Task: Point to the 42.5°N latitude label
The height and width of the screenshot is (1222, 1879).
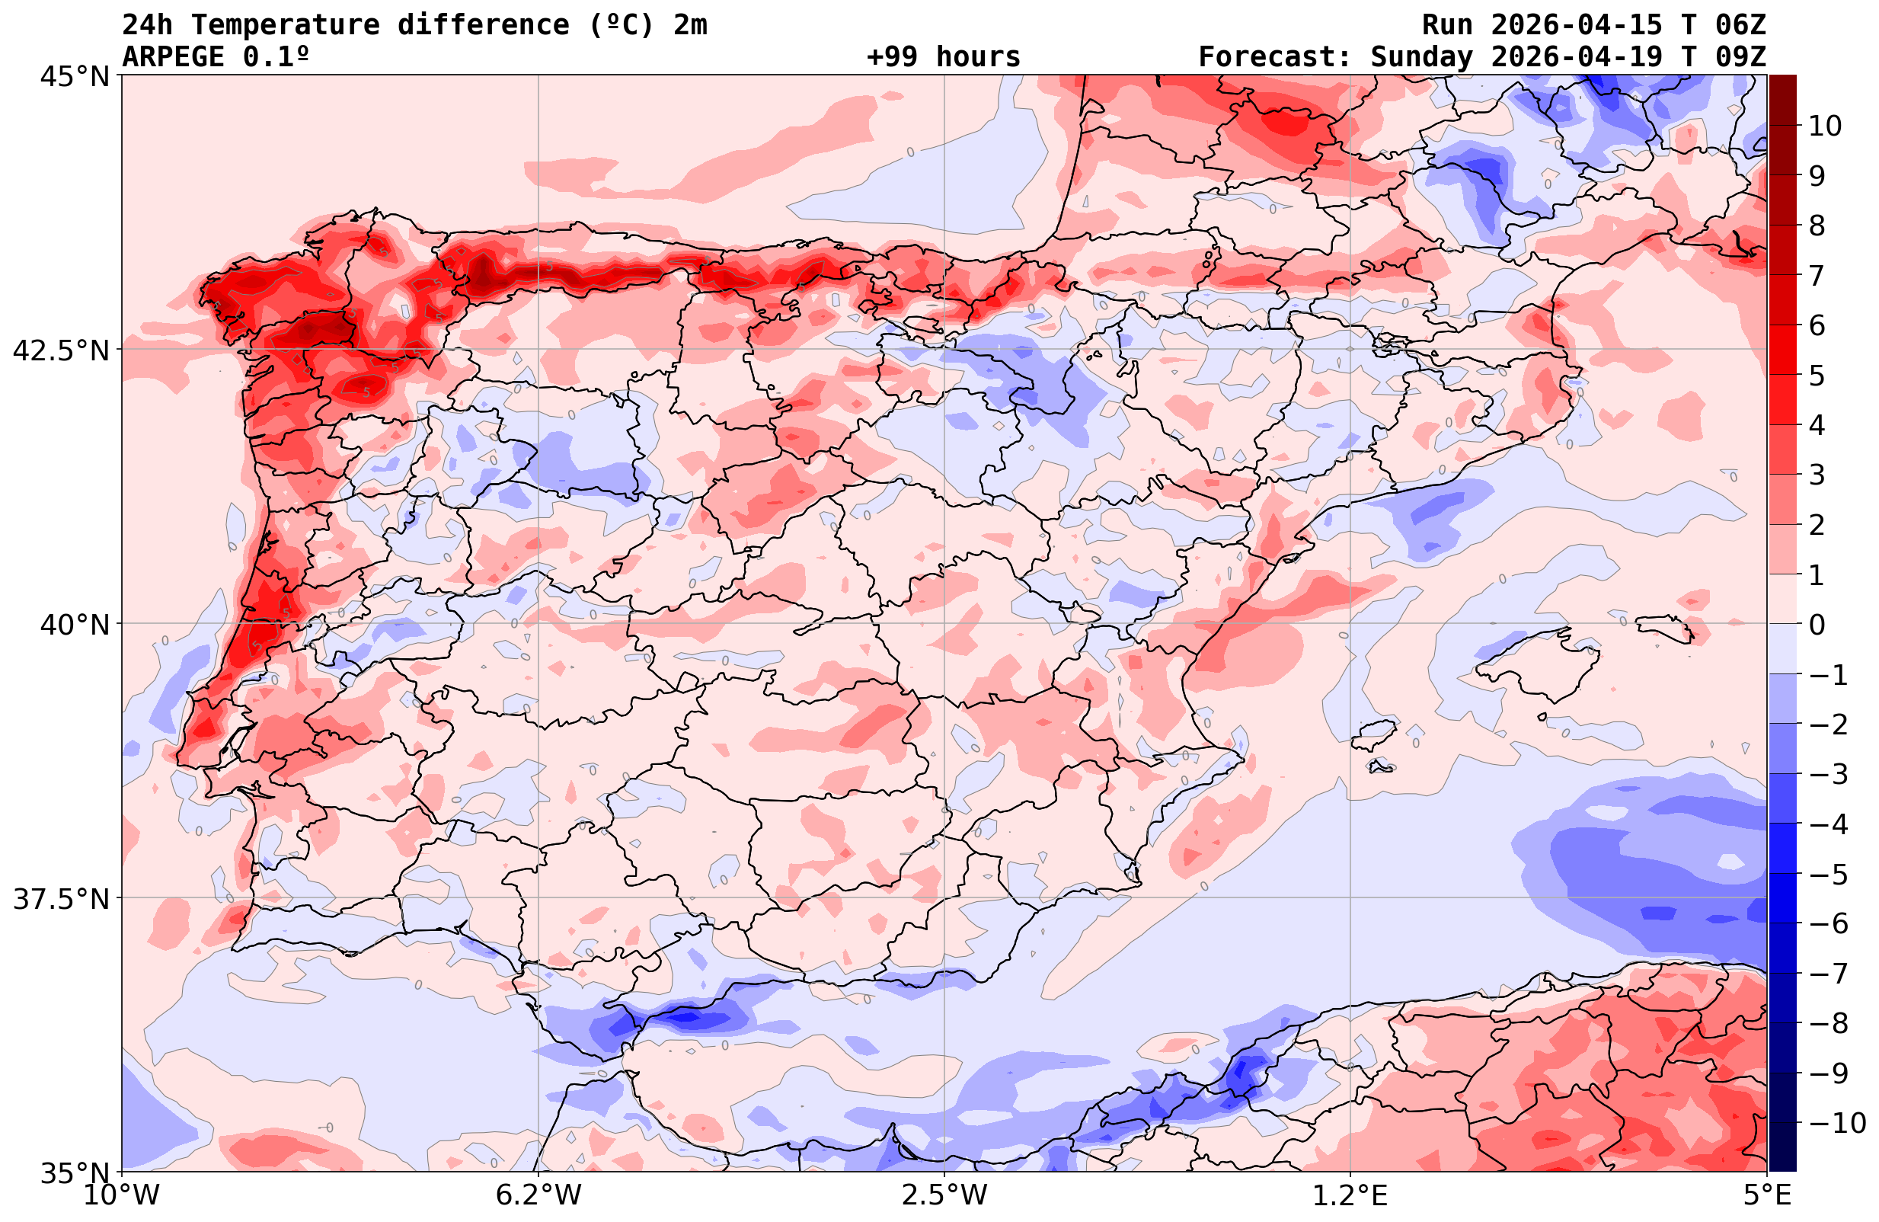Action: pyautogui.click(x=61, y=350)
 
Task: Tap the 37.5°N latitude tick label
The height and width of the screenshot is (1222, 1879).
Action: pyautogui.click(x=61, y=899)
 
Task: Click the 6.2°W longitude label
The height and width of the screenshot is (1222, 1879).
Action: pyautogui.click(x=538, y=1195)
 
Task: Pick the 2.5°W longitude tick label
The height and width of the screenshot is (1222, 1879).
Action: pyautogui.click(x=944, y=1195)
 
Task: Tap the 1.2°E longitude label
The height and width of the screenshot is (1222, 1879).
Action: pyautogui.click(x=1350, y=1195)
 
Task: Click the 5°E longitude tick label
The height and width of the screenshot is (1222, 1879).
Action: pyautogui.click(x=1767, y=1195)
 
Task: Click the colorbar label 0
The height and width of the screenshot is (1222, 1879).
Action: pyautogui.click(x=1817, y=625)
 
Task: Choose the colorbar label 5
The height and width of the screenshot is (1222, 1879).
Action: pyautogui.click(x=1817, y=376)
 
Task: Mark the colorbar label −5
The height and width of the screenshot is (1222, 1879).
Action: pyautogui.click(x=1827, y=875)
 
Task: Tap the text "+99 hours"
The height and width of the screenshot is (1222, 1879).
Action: pyautogui.click(x=944, y=57)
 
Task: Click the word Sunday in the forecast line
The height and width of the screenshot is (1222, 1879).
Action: pyautogui.click(x=1422, y=57)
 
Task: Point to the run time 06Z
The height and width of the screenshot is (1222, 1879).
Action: pyautogui.click(x=1740, y=25)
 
